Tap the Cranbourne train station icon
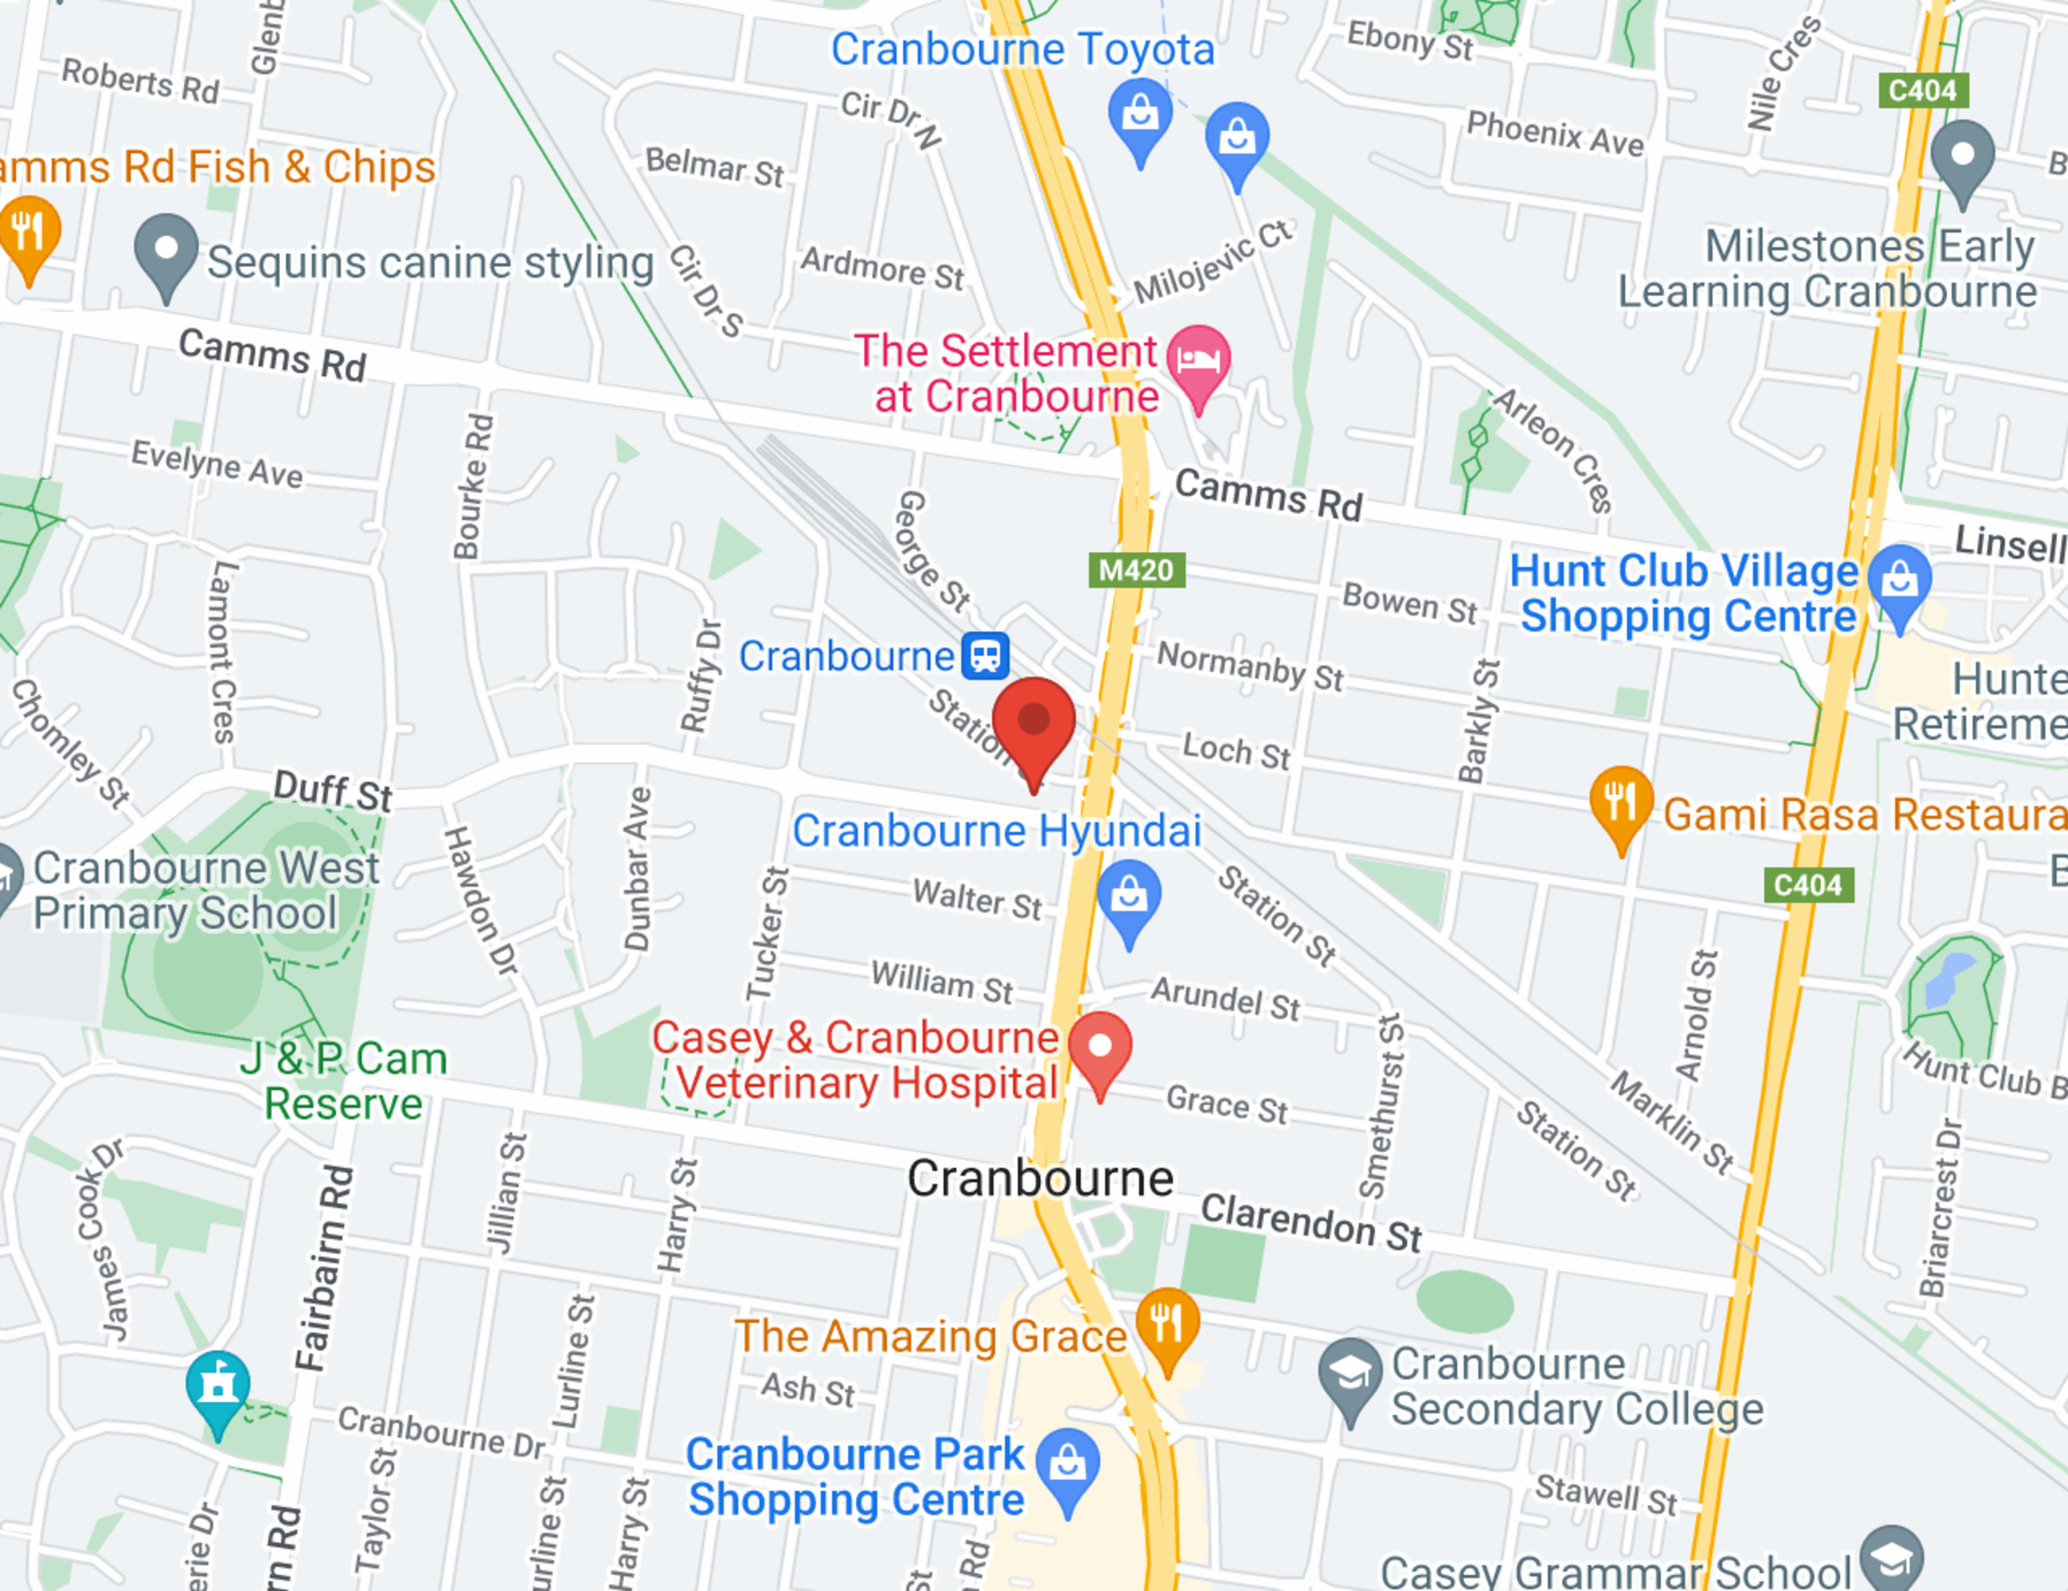(x=985, y=655)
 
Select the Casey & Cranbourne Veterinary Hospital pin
(x=1099, y=1047)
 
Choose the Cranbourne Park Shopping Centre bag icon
(x=1067, y=1463)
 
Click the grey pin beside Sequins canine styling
(x=166, y=250)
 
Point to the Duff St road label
(x=332, y=790)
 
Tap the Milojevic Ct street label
(x=1213, y=262)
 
